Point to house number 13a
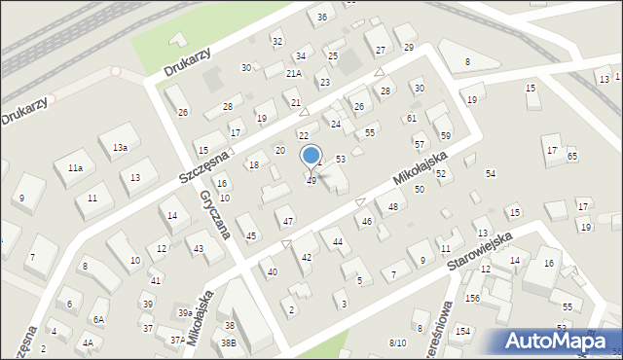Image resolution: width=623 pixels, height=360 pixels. click(x=119, y=147)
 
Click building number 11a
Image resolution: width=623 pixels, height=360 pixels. click(x=75, y=168)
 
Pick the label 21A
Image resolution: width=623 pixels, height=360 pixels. click(x=294, y=74)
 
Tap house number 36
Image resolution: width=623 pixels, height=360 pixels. click(x=322, y=18)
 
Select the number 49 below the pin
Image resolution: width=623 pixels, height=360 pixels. click(x=311, y=181)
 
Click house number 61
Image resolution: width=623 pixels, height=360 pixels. click(x=412, y=118)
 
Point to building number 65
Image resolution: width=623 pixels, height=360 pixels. click(x=571, y=156)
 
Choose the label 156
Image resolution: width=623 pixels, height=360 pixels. click(x=472, y=298)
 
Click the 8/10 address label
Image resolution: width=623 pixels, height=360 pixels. click(x=397, y=342)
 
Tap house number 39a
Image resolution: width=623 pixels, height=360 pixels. click(x=184, y=312)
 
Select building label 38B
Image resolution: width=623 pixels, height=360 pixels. click(x=228, y=342)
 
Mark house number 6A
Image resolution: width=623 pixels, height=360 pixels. click(x=98, y=319)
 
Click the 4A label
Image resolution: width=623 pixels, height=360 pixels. click(x=88, y=342)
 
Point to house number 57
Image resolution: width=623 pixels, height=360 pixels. click(x=419, y=144)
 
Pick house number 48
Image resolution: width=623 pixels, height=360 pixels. click(x=393, y=206)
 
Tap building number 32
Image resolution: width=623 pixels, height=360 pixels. click(x=277, y=41)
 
